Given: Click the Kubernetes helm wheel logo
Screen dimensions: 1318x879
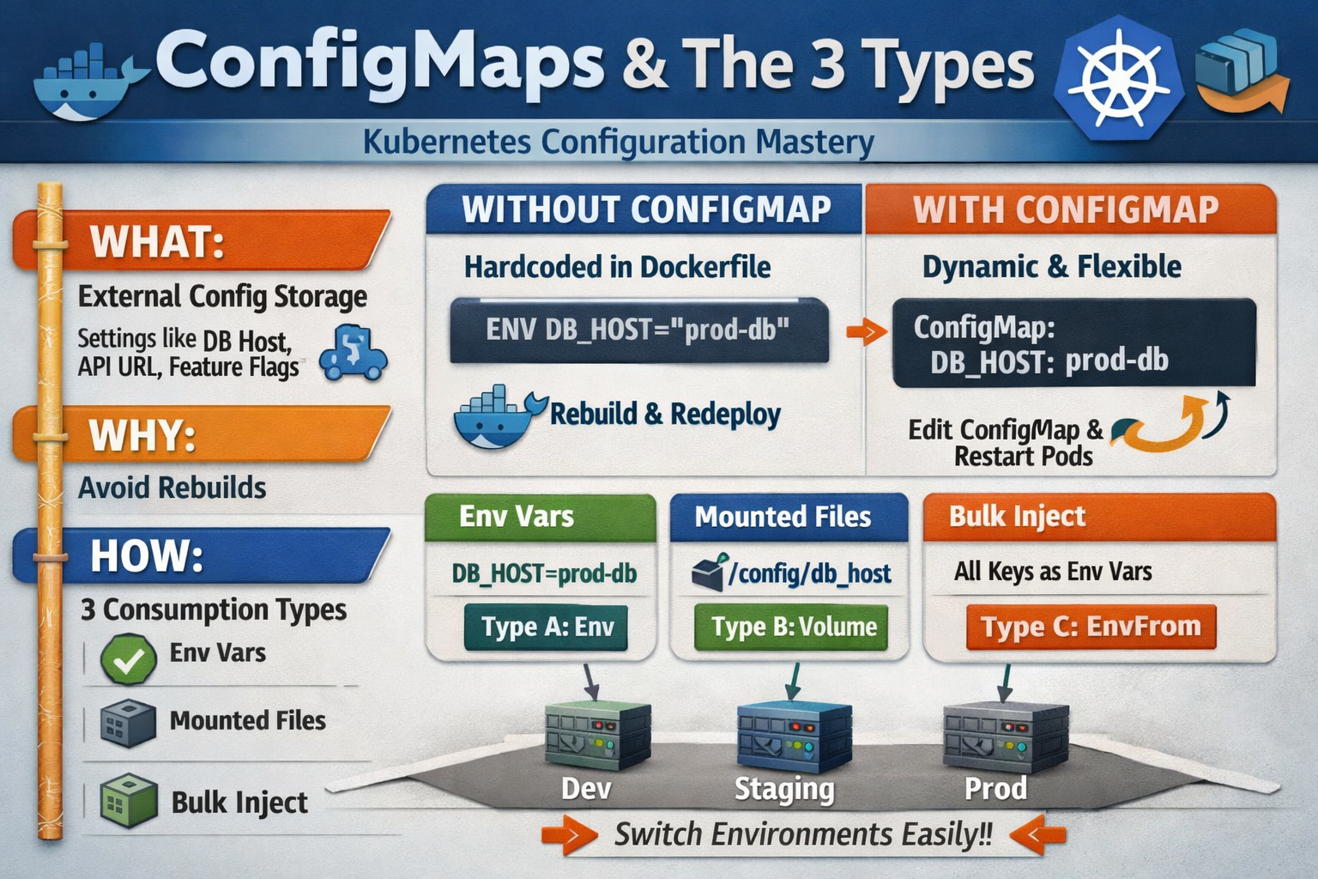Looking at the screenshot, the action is (1119, 79).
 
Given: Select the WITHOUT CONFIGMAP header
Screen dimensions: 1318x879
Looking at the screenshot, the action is (645, 209).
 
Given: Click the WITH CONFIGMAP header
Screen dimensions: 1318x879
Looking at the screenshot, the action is (1066, 209).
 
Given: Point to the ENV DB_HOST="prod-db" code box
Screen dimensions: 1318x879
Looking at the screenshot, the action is (638, 330).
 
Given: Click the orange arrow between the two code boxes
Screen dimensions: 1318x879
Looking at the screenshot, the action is (865, 331).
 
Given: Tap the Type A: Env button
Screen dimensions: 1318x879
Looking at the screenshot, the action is (547, 627).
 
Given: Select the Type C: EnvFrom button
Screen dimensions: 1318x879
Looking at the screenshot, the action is (1090, 627).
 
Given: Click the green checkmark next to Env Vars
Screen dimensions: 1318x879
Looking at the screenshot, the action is (129, 659).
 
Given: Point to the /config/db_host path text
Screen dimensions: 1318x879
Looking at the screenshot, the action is (808, 573).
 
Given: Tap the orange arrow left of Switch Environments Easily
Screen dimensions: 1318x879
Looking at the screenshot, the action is (569, 835).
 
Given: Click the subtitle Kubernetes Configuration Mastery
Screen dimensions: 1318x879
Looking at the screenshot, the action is (618, 142).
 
